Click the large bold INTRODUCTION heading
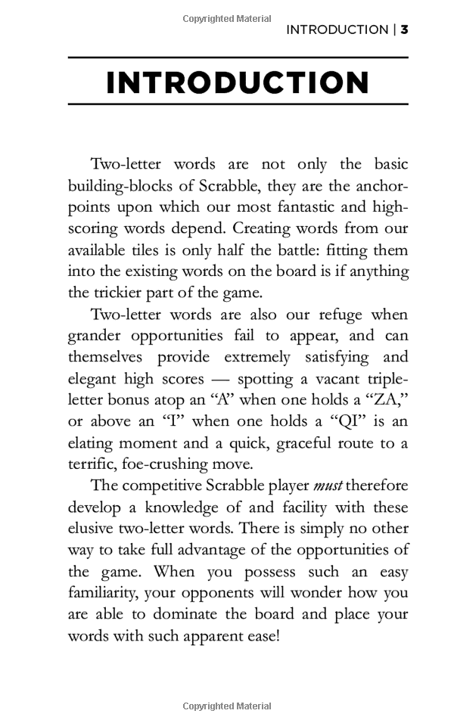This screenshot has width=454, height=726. point(238,82)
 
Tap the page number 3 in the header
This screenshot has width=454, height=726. point(405,30)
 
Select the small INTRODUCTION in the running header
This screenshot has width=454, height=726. point(337,30)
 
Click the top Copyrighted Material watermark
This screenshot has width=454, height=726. point(227,17)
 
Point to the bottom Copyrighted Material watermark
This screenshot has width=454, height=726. point(227,706)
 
